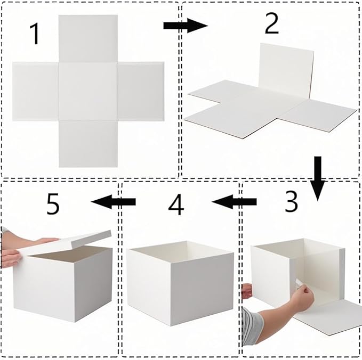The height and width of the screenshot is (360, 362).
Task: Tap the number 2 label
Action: point(271,23)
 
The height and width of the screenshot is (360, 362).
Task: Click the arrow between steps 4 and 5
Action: point(113,201)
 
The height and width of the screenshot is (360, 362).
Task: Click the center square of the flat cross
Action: point(88,91)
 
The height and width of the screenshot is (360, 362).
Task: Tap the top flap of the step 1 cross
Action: point(88,38)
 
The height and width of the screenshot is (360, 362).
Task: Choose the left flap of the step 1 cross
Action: point(35,91)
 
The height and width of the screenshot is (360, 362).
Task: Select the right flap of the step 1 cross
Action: point(141,91)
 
